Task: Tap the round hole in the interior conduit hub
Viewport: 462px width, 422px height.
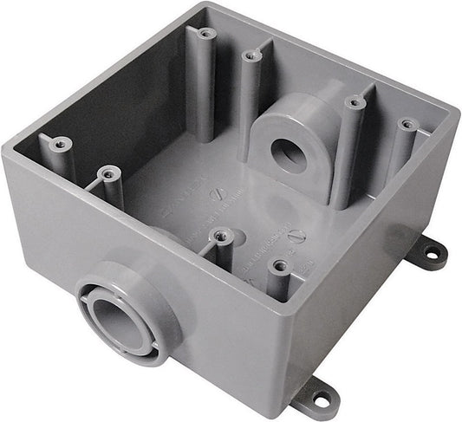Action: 286,155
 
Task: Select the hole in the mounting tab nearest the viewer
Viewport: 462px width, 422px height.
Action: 322,399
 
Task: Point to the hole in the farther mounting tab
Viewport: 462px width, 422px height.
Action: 431,253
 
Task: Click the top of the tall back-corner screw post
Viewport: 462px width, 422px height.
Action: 206,33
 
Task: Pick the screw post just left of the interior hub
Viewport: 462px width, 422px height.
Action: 252,55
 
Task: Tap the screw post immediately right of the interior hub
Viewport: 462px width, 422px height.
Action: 355,103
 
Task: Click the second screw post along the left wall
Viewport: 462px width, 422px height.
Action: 108,174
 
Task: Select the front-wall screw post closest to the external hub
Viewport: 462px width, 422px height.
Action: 222,235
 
